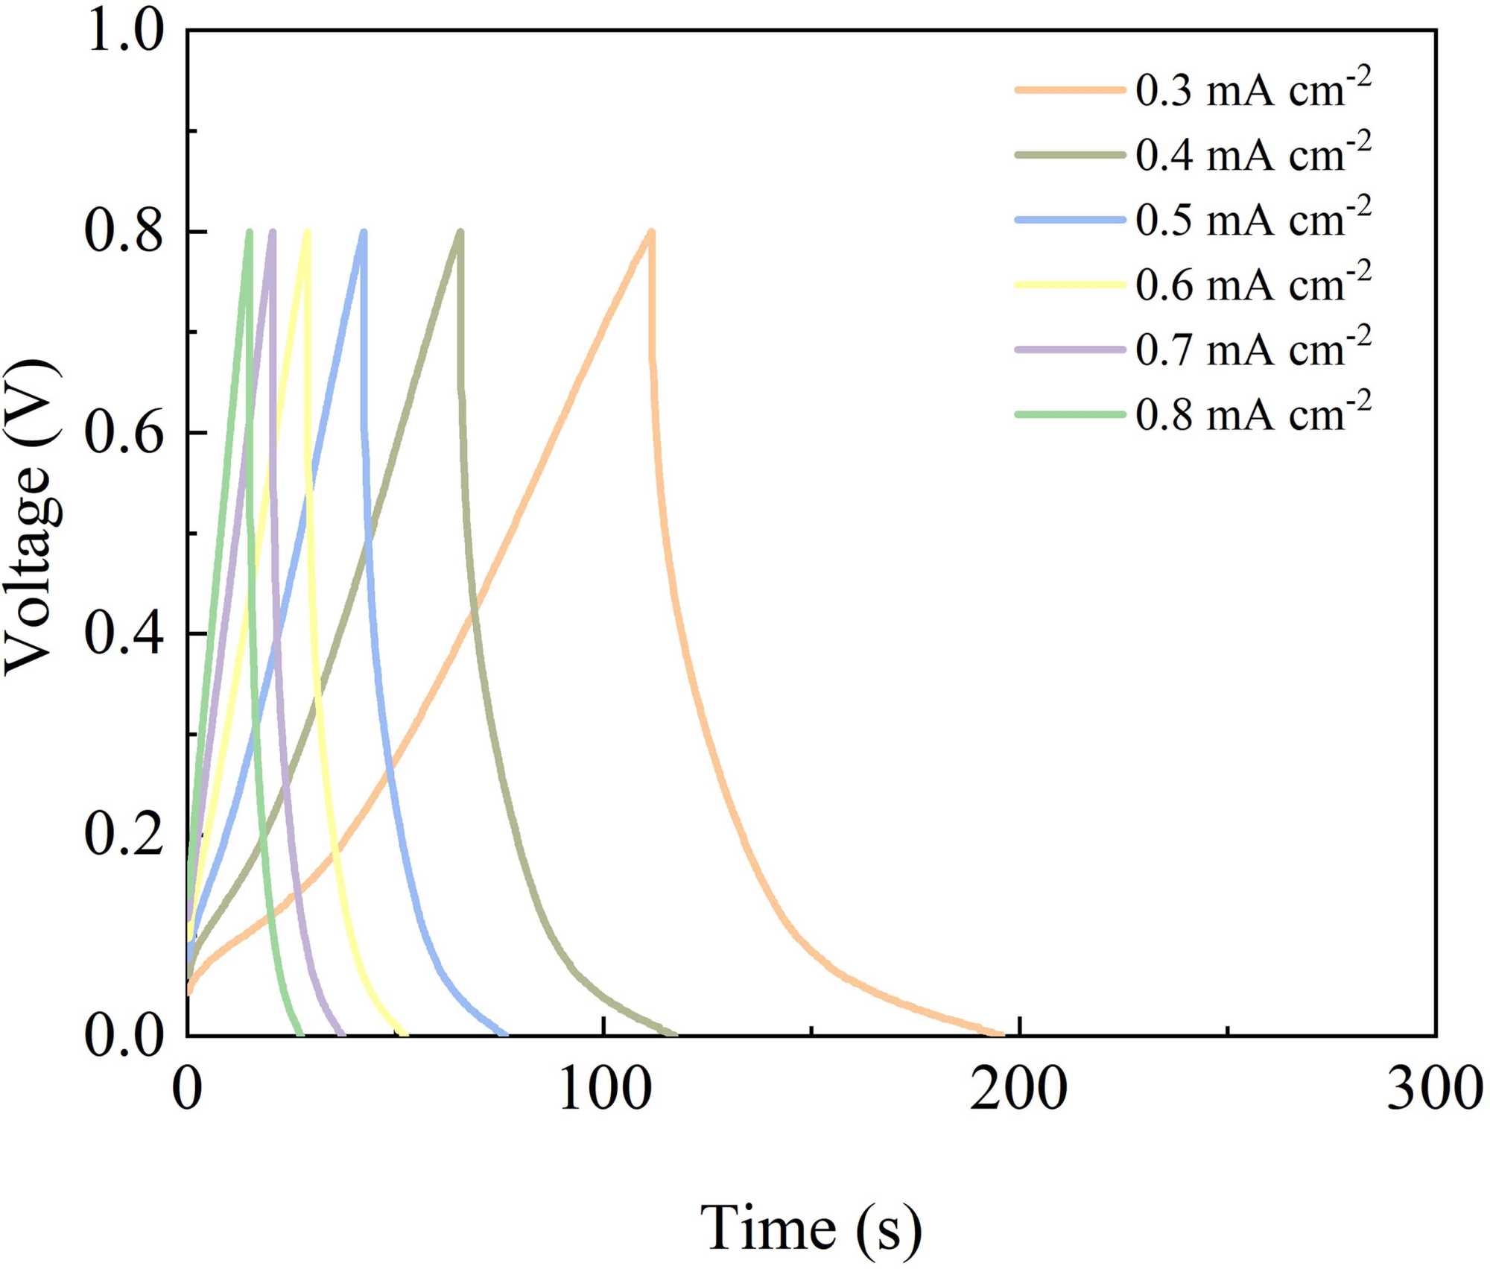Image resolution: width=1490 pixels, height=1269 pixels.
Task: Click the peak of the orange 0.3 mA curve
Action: click(651, 232)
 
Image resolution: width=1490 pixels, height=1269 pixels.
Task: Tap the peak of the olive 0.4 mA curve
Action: click(460, 232)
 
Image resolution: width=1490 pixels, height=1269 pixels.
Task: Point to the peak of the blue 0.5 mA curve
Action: click(364, 232)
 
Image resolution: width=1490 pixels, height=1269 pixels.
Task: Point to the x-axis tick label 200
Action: click(1018, 1089)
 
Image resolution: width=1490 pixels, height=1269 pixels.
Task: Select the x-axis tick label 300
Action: click(1434, 1089)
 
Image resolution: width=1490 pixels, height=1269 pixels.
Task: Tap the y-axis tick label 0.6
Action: click(124, 433)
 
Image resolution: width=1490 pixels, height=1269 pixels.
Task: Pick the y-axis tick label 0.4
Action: click(124, 633)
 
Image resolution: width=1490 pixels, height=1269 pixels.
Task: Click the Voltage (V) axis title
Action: click(31, 517)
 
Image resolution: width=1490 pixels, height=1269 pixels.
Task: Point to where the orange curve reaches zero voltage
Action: click(998, 1034)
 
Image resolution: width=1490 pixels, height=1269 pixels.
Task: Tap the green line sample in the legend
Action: click(1070, 414)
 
